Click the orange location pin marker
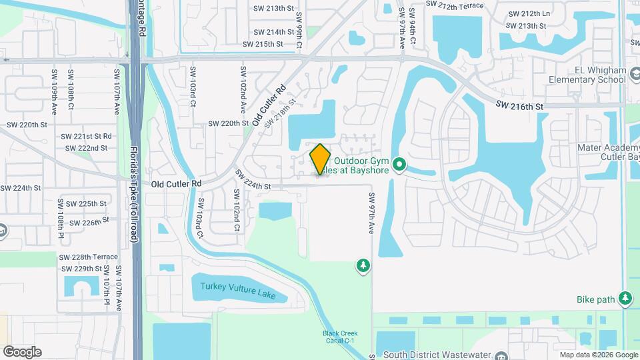[320, 159]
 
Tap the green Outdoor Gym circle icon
[399, 163]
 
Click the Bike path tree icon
[626, 299]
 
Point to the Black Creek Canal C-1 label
[341, 337]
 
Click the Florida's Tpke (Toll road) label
[135, 194]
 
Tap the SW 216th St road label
[521, 106]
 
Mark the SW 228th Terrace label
[88, 257]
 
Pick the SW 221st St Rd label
[88, 136]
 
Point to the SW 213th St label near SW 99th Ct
[273, 8]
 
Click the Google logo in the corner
[22, 352]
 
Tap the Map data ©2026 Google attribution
[598, 355]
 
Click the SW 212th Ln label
[529, 13]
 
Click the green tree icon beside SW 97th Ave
[363, 267]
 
